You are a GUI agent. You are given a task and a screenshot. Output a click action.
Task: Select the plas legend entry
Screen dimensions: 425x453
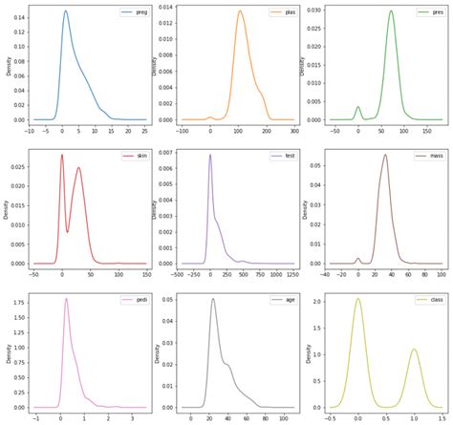click(x=279, y=12)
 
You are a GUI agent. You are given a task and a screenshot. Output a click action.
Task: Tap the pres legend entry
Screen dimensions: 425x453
click(x=429, y=12)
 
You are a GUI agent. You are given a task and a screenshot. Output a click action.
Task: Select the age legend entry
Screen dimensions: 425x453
click(x=279, y=299)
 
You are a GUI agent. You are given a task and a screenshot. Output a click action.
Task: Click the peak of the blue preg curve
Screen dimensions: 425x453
click(x=65, y=11)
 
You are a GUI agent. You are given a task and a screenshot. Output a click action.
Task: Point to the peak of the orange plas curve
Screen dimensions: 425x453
click(x=240, y=11)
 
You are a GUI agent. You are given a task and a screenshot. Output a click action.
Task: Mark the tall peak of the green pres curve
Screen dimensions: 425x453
click(x=391, y=11)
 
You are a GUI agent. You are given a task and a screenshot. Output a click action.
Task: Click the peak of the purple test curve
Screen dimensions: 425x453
click(x=210, y=154)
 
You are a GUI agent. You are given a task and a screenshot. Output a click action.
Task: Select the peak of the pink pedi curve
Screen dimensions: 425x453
click(x=66, y=299)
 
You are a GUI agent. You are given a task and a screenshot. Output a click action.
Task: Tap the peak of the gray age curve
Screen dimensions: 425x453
click(x=212, y=299)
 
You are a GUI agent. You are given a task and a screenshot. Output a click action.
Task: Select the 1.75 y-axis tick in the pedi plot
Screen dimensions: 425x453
click(x=19, y=304)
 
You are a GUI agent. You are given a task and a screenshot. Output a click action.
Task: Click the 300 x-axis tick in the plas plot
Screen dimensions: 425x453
click(x=291, y=128)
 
